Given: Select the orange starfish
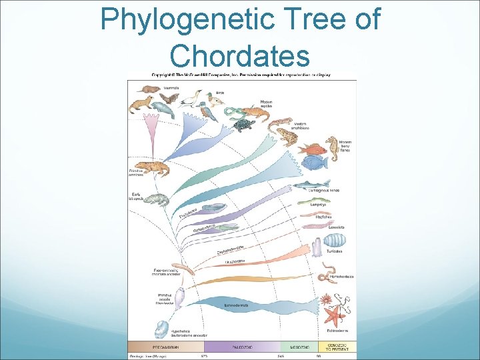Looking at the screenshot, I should pos(331,313).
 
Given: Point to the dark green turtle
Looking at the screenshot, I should pos(244,125).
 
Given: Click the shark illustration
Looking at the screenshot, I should pos(311,184).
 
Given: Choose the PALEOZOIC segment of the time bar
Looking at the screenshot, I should pos(242,347).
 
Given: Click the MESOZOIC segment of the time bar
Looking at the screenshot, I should pos(299,347).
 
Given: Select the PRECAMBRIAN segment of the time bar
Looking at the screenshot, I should pos(166,347).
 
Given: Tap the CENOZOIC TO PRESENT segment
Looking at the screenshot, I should pos(337,347).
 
